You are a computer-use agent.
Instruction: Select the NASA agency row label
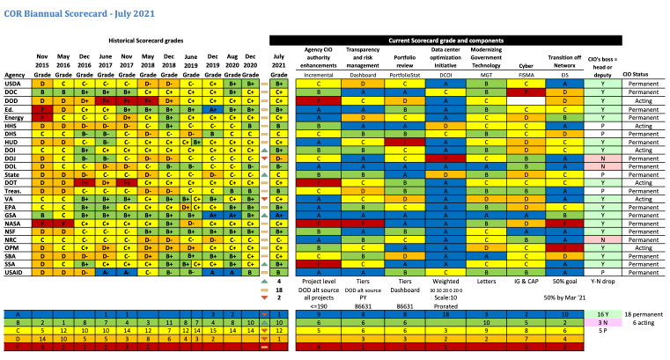click(14, 224)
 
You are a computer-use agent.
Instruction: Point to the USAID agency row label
click(15, 272)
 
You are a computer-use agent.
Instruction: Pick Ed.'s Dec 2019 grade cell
click(212, 108)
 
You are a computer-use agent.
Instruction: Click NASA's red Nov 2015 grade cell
click(42, 224)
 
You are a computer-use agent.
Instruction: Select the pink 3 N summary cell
click(601, 323)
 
